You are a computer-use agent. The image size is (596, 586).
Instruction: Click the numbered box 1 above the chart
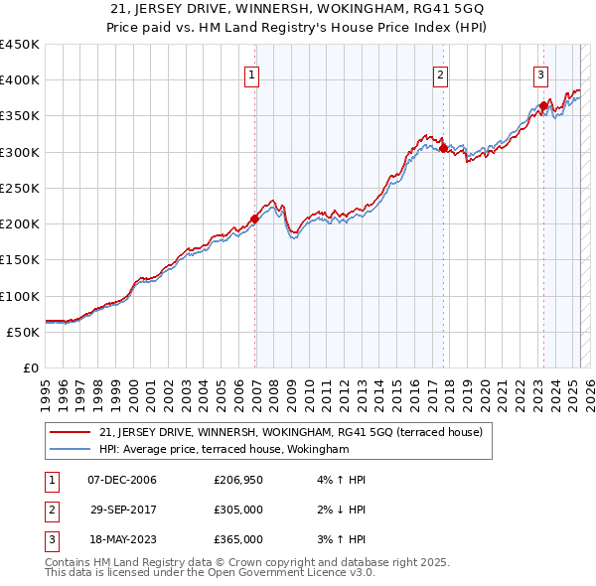coord(252,73)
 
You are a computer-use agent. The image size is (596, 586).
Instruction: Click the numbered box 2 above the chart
coord(440,73)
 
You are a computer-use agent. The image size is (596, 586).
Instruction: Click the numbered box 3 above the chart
coord(540,73)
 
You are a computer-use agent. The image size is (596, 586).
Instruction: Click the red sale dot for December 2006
coord(255,219)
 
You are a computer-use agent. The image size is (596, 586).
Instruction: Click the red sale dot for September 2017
coord(444,148)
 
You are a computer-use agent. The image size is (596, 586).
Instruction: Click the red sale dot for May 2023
coord(543,105)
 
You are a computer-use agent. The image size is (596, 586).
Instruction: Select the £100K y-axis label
coord(20,296)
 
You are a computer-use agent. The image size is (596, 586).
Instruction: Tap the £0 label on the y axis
coord(30,367)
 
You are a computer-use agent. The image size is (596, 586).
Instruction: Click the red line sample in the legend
coord(71,432)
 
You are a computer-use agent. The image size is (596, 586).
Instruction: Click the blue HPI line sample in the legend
coord(71,449)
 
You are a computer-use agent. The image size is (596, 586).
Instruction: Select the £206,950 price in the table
coord(238,480)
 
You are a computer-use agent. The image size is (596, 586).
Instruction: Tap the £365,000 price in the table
coord(238,539)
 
